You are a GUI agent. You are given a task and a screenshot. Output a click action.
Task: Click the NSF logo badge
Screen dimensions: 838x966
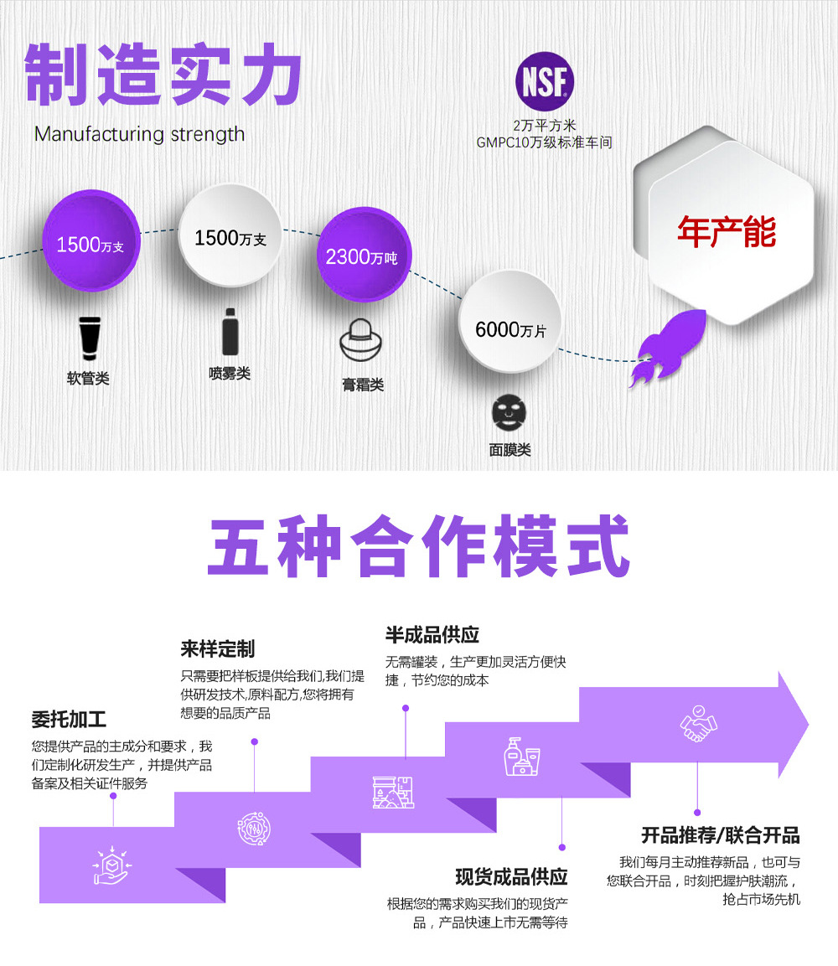pos(545,82)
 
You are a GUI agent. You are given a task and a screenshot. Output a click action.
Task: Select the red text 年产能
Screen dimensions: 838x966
pos(726,232)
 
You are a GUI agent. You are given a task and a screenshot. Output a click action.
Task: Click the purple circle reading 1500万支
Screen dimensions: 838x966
pos(91,243)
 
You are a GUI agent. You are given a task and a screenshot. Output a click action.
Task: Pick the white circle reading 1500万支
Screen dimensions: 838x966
pos(230,237)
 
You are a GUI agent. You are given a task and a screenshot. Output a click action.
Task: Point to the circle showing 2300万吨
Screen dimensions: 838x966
pos(362,255)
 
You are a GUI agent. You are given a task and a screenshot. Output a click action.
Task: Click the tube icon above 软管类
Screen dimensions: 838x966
pos(88,337)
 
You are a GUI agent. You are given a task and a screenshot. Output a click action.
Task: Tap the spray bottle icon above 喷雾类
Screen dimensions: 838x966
pos(230,332)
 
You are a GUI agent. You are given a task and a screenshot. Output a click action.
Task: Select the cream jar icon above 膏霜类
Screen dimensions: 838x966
pos(363,344)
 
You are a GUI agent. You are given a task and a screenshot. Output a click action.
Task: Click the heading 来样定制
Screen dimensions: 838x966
pos(218,648)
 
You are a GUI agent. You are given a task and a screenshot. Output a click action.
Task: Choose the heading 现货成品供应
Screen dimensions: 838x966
pos(511,876)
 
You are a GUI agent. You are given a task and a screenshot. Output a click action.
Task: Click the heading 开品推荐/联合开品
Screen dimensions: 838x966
pos(721,834)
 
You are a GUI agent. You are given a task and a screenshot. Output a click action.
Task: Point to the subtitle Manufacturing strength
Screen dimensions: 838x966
pos(140,134)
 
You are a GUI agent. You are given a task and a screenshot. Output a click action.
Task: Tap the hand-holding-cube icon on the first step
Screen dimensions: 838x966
pos(112,867)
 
